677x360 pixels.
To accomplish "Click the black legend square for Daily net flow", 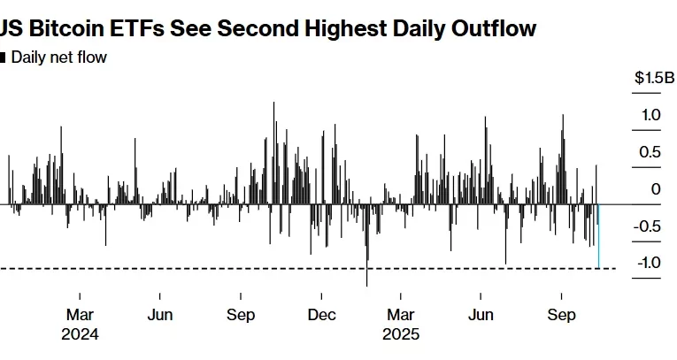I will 3,58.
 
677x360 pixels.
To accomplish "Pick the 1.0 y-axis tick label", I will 651,115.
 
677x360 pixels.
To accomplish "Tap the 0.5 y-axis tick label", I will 651,152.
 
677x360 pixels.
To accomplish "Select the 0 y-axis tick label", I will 656,189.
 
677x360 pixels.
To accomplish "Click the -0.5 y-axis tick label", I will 649,226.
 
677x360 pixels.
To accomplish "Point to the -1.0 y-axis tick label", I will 649,263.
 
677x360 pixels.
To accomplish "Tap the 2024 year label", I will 80,334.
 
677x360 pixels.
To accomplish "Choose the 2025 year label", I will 401,334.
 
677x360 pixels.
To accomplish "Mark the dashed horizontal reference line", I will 265,268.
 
